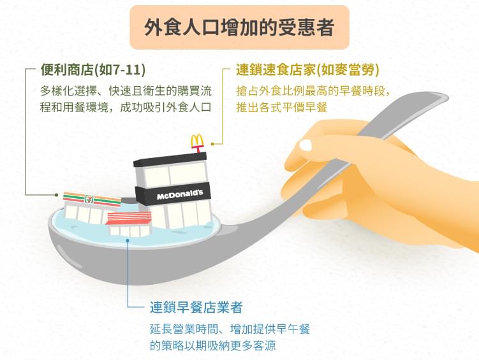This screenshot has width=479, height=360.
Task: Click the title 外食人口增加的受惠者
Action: click(x=239, y=27)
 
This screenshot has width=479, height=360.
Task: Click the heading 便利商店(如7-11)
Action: click(x=93, y=70)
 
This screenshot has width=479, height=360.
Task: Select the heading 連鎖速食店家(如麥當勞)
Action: click(x=307, y=70)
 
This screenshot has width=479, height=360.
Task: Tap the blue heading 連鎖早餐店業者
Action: click(x=196, y=307)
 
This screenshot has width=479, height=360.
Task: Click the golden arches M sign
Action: click(x=197, y=141)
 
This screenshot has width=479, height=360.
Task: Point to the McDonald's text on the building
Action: click(x=180, y=194)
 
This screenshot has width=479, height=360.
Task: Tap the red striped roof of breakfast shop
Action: click(x=129, y=219)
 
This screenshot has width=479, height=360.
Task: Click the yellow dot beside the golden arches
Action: click(x=212, y=144)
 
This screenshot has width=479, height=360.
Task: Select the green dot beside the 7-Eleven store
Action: click(x=57, y=194)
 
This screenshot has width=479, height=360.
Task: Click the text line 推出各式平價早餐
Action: click(x=282, y=108)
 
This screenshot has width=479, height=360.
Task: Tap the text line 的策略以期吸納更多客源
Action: click(x=212, y=345)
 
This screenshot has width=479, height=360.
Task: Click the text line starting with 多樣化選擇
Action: click(x=126, y=91)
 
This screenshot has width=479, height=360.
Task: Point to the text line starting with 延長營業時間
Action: click(x=230, y=329)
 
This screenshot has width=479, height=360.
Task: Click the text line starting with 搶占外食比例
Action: click(x=313, y=91)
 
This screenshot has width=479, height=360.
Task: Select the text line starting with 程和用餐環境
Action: click(x=126, y=108)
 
